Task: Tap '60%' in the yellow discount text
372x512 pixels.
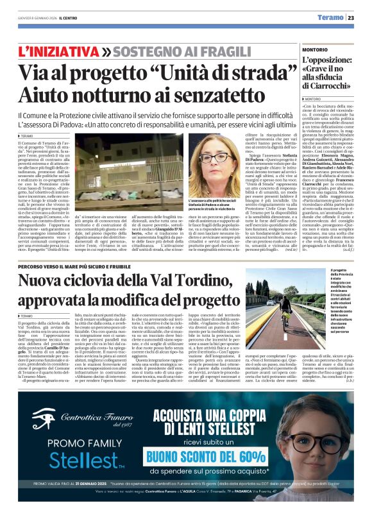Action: [249, 456]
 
